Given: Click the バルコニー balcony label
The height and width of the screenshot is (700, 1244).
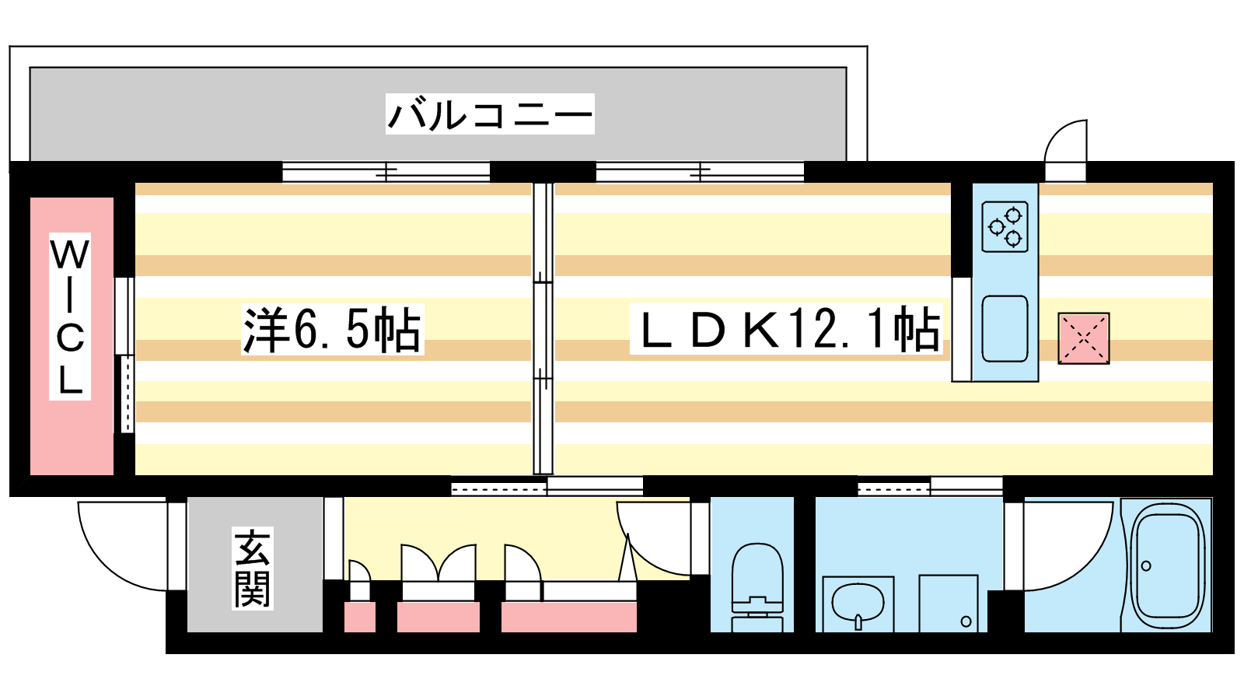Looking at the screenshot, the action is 490,114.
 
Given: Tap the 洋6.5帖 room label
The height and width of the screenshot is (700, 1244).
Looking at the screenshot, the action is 332,330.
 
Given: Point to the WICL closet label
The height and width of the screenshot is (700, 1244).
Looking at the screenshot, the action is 70,316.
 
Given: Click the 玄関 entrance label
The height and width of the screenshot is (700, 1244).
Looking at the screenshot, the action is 252,569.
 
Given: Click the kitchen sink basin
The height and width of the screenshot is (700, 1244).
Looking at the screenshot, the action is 1005,328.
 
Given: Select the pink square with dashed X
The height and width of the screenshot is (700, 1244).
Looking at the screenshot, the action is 1084,338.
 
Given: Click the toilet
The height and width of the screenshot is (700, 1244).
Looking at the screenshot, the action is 757,587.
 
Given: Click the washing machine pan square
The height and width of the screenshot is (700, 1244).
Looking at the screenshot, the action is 949,604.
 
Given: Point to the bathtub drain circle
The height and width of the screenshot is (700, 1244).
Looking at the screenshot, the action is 1146,566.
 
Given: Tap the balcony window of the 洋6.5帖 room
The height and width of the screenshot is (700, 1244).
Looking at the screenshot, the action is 386,172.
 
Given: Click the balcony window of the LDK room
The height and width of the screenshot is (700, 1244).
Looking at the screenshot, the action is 701,172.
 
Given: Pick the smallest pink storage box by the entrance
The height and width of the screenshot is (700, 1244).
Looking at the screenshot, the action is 360,617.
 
